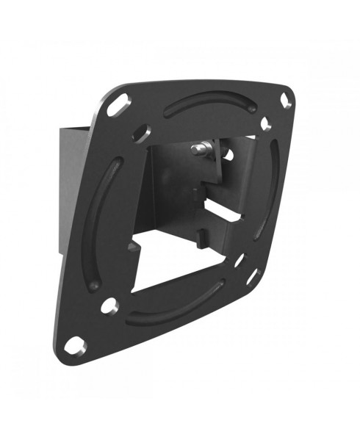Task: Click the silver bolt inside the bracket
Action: (199, 149)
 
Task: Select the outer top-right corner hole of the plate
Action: (285, 101)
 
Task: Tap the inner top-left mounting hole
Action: (140, 132)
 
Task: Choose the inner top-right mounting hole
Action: (266, 123)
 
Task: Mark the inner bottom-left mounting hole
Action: (109, 303)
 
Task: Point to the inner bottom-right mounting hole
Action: (240, 259)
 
